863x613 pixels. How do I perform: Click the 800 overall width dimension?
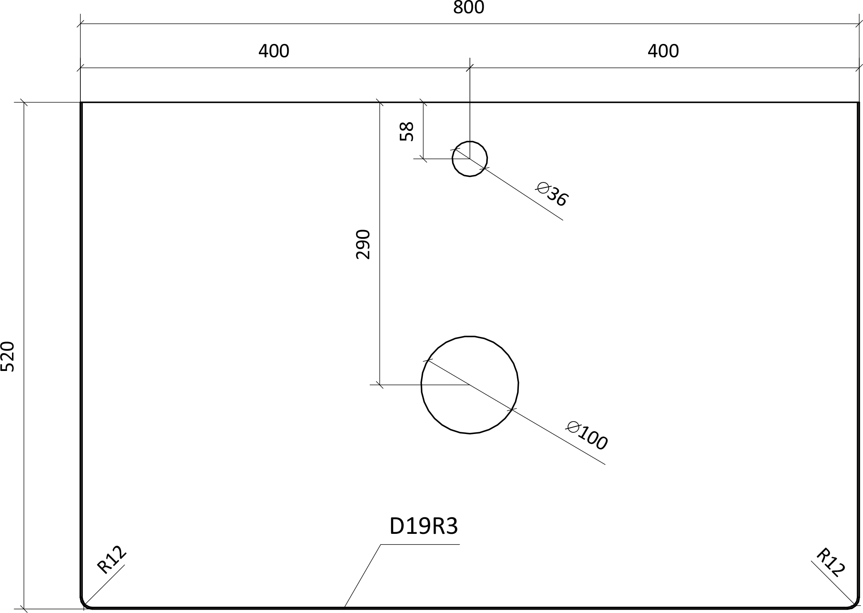click(468, 7)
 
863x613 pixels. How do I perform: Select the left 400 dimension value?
click(274, 51)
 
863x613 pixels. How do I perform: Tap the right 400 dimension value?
click(663, 51)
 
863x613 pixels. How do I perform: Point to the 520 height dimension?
click(7, 356)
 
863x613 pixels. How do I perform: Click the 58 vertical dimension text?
click(407, 131)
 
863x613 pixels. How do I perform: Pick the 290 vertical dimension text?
click(363, 244)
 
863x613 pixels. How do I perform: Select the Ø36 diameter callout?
click(552, 194)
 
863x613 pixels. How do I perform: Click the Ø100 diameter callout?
click(587, 435)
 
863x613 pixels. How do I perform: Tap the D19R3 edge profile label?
click(424, 526)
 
